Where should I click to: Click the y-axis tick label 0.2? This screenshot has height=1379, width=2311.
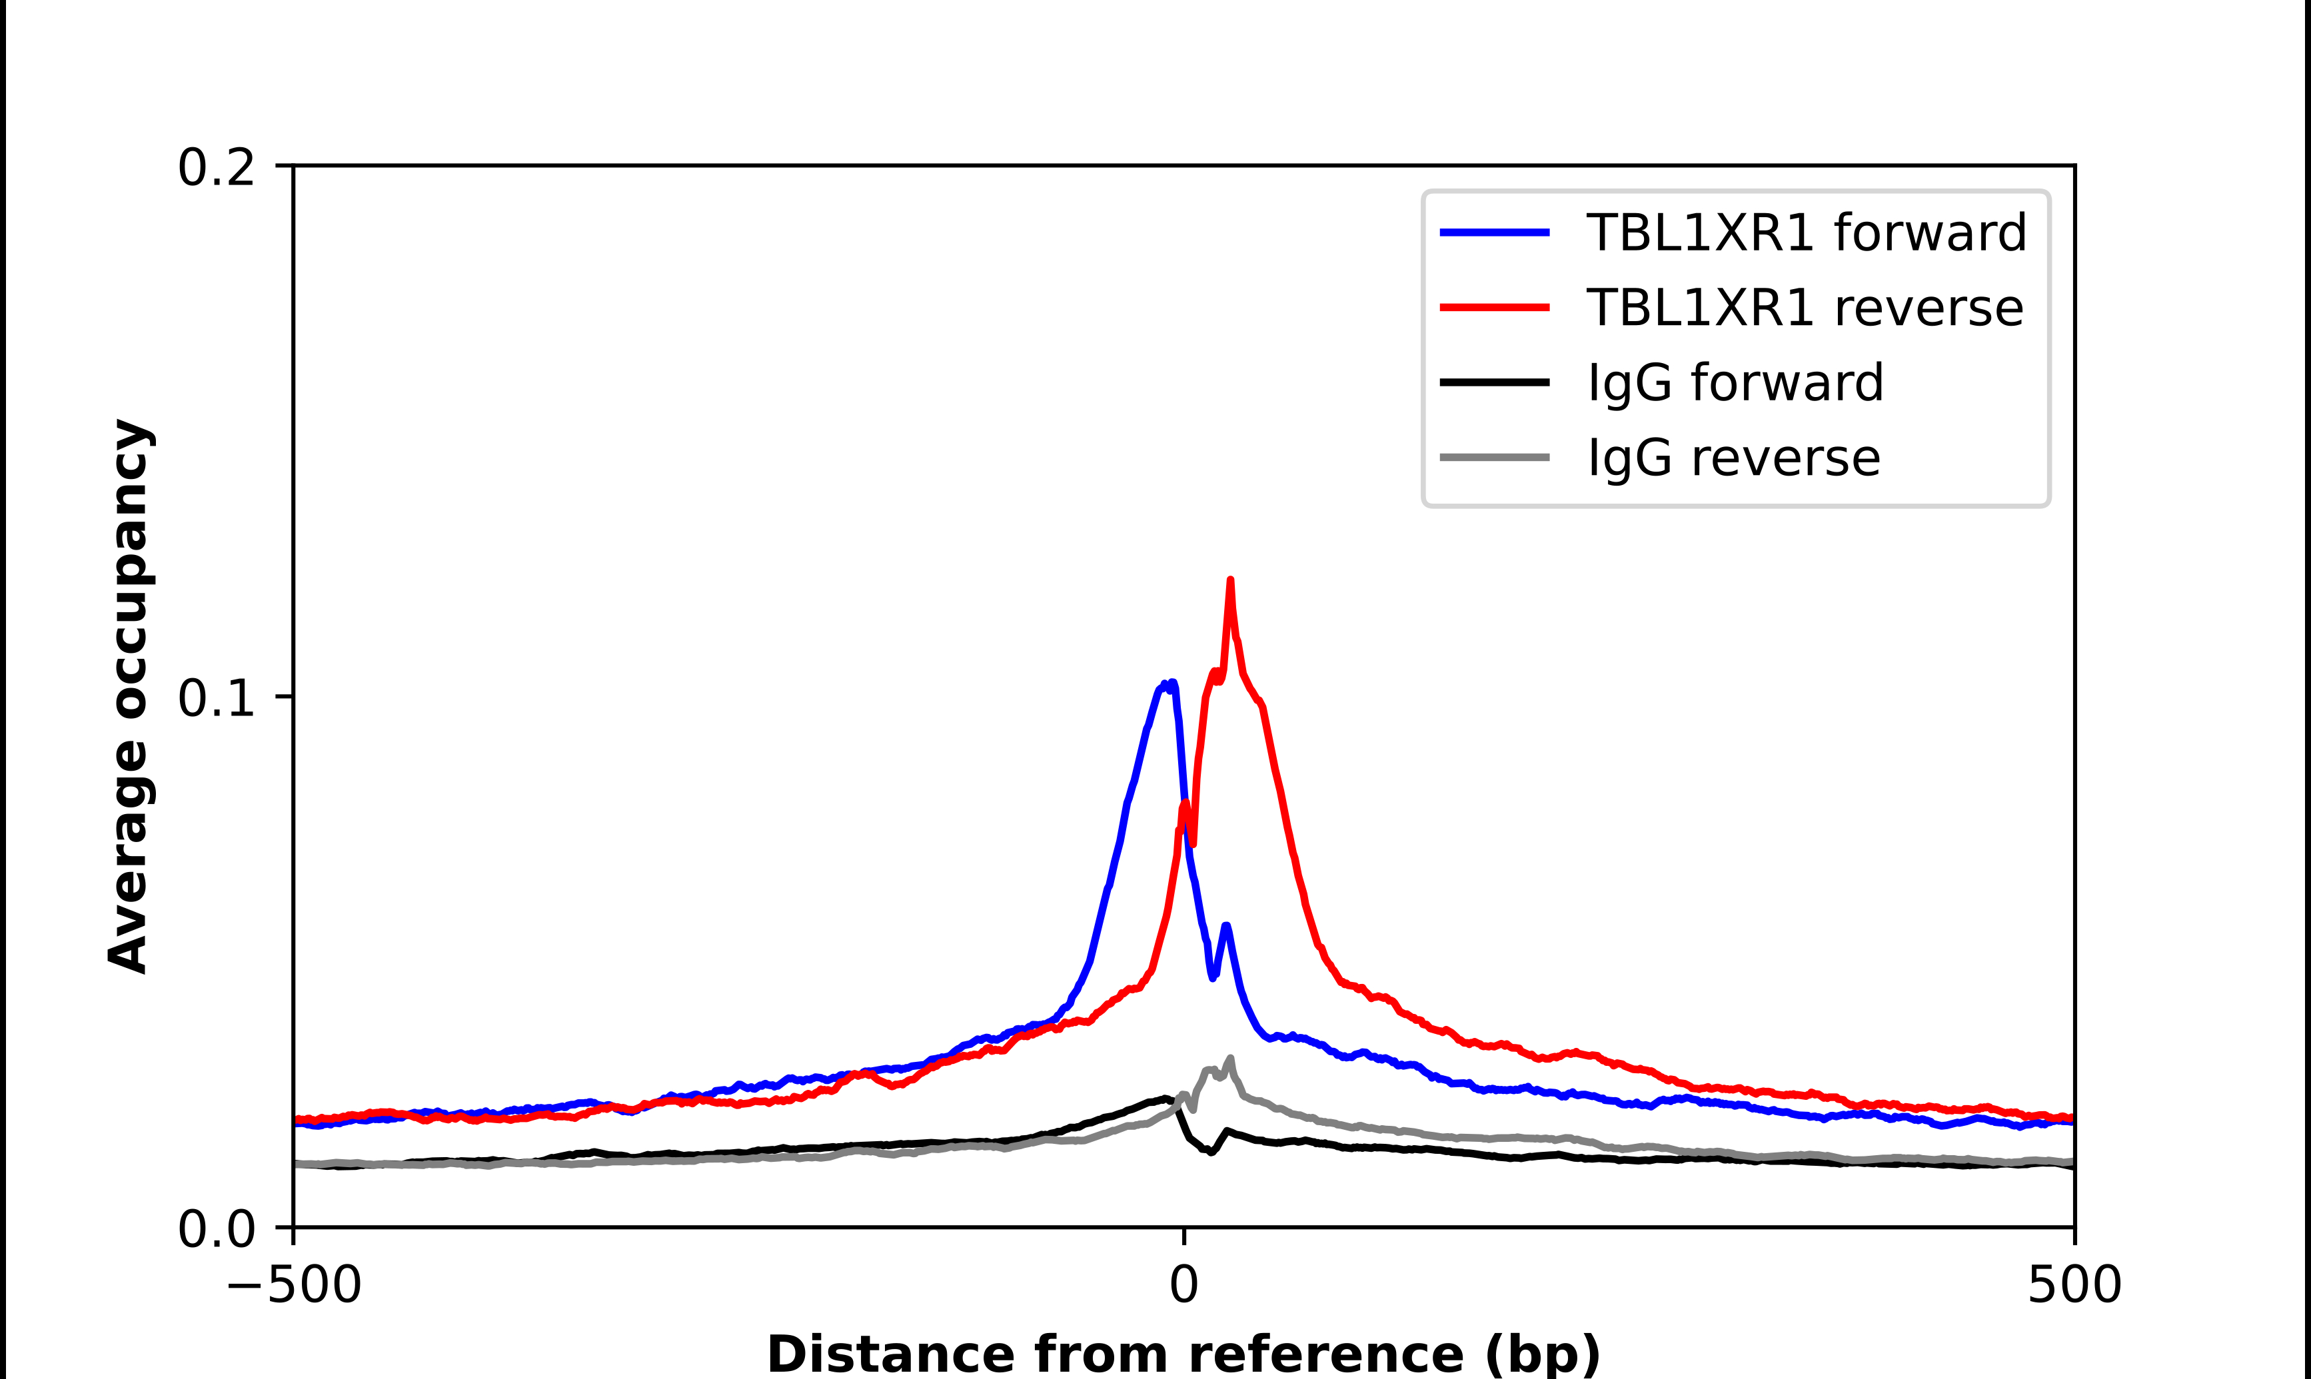point(216,168)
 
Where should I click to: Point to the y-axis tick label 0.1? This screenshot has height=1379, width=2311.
point(216,698)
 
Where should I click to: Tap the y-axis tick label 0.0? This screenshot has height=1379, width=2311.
point(216,1229)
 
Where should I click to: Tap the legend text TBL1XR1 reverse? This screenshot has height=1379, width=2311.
point(1805,308)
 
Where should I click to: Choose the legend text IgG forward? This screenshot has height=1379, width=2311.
point(1735,383)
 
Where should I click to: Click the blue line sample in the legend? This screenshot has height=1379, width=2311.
point(1494,232)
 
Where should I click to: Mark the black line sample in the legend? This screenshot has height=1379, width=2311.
point(1494,382)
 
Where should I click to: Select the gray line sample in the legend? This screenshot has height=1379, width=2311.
point(1494,457)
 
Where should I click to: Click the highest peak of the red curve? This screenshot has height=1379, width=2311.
point(1230,581)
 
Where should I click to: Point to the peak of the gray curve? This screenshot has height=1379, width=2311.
point(1231,1059)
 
